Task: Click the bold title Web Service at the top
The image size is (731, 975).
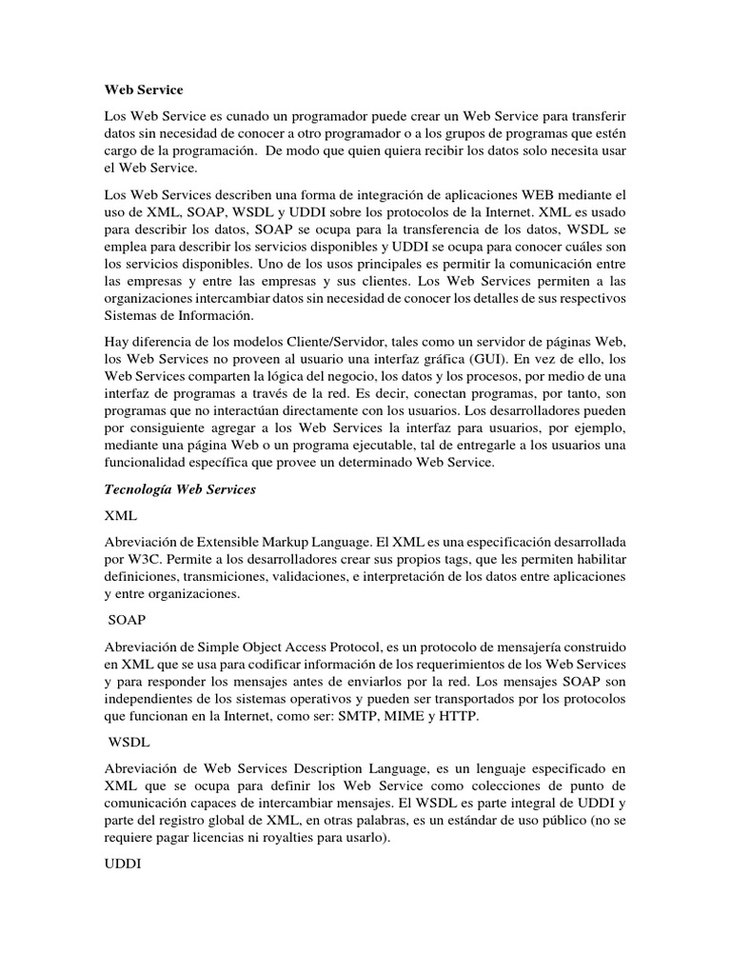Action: [x=143, y=90]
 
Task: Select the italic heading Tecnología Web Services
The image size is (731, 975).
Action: [x=180, y=489]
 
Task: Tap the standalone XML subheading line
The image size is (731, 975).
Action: [x=121, y=515]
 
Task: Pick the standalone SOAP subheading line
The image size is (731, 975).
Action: [x=127, y=619]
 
